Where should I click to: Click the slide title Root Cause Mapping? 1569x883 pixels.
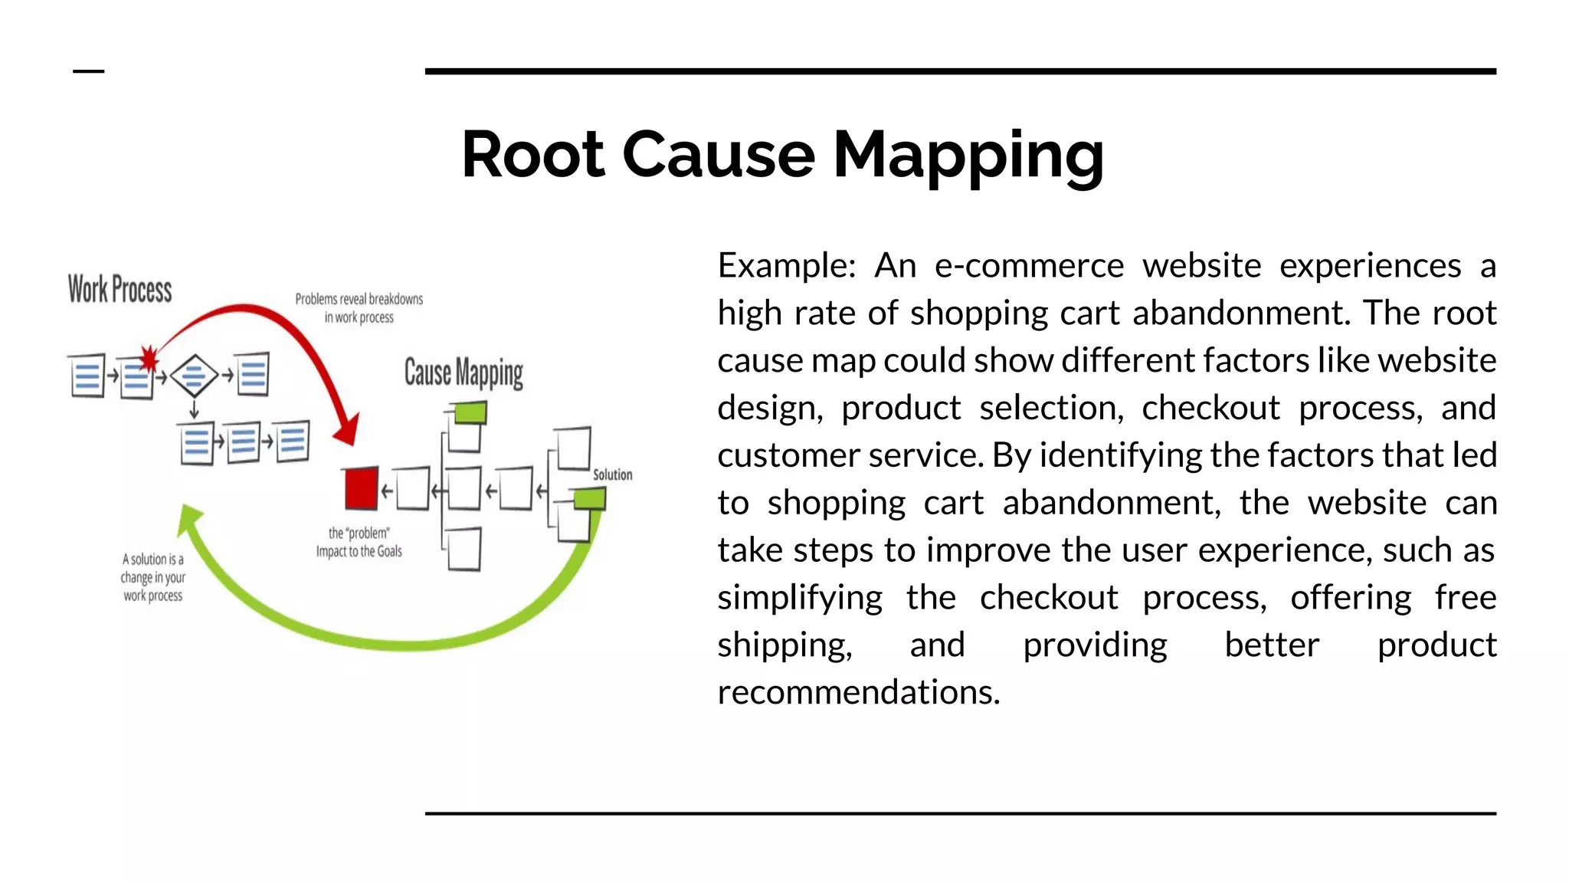coord(782,155)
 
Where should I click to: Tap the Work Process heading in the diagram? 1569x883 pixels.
coord(120,290)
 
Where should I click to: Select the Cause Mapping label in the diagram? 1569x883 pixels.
coord(463,373)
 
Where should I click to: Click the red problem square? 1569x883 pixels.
coord(361,488)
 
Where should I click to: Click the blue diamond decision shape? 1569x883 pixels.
coord(194,376)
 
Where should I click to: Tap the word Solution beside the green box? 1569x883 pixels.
coord(613,475)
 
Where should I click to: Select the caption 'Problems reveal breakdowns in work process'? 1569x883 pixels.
coord(359,308)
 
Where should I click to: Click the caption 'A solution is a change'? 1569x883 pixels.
coord(153,577)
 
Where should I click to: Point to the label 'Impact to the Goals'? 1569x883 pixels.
coord(359,552)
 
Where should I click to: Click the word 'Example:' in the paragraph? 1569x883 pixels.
coord(786,266)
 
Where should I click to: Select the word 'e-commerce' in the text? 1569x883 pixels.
coord(1029,266)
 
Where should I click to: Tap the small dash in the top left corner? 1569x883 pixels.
coord(88,71)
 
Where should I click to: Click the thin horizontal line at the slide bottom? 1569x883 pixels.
coord(960,813)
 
